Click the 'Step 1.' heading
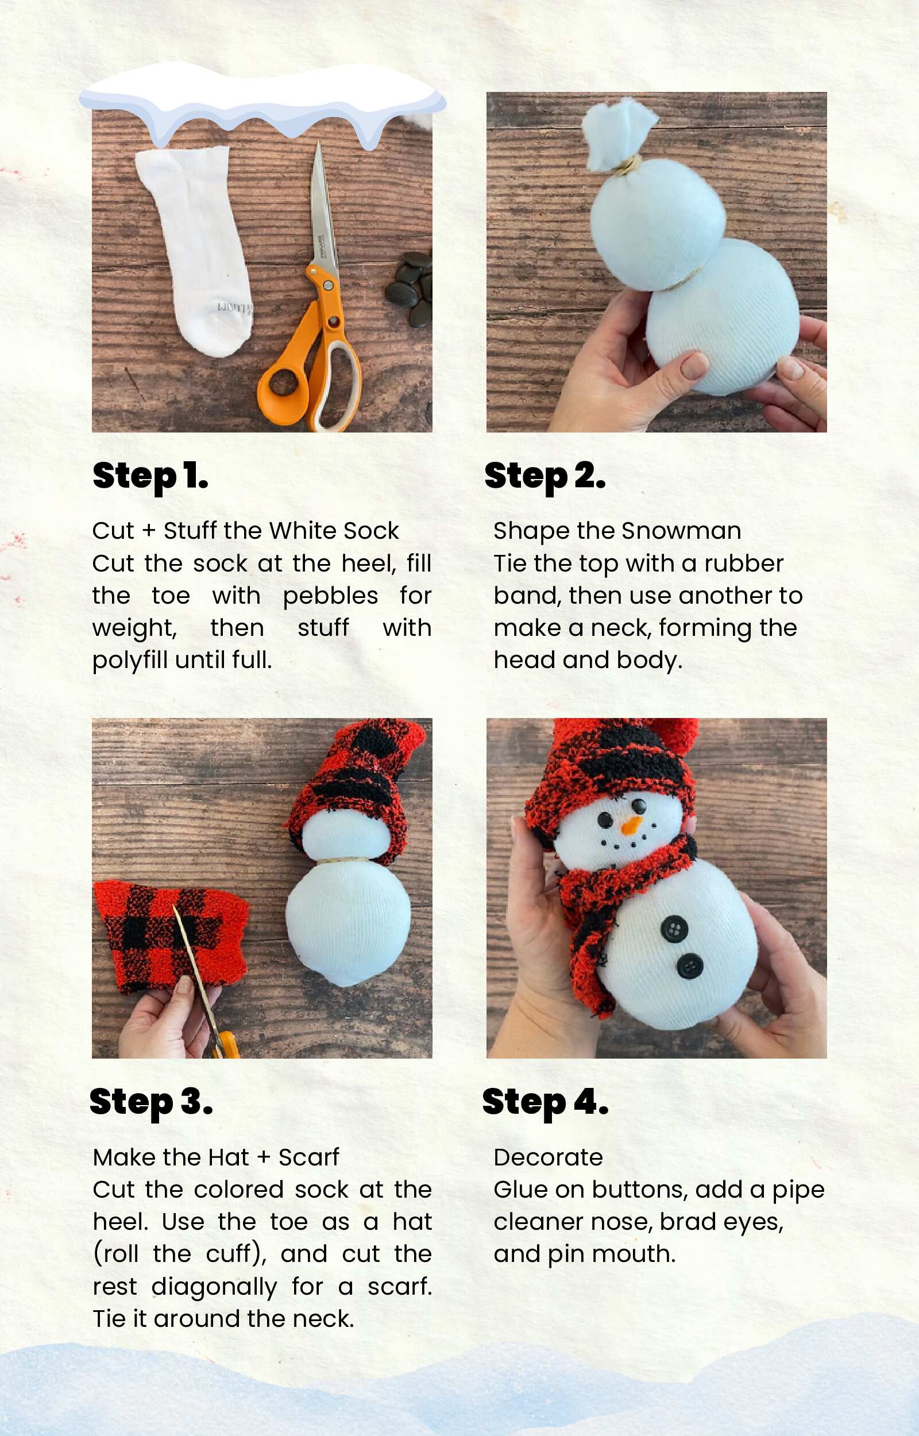(x=150, y=477)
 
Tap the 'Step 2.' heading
(x=545, y=477)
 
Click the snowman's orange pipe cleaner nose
(x=631, y=827)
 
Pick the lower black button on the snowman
(x=690, y=967)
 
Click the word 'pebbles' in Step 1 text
(x=330, y=596)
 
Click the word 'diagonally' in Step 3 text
(x=214, y=1287)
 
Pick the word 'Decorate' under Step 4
(x=548, y=1157)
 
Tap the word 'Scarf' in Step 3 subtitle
(x=308, y=1157)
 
